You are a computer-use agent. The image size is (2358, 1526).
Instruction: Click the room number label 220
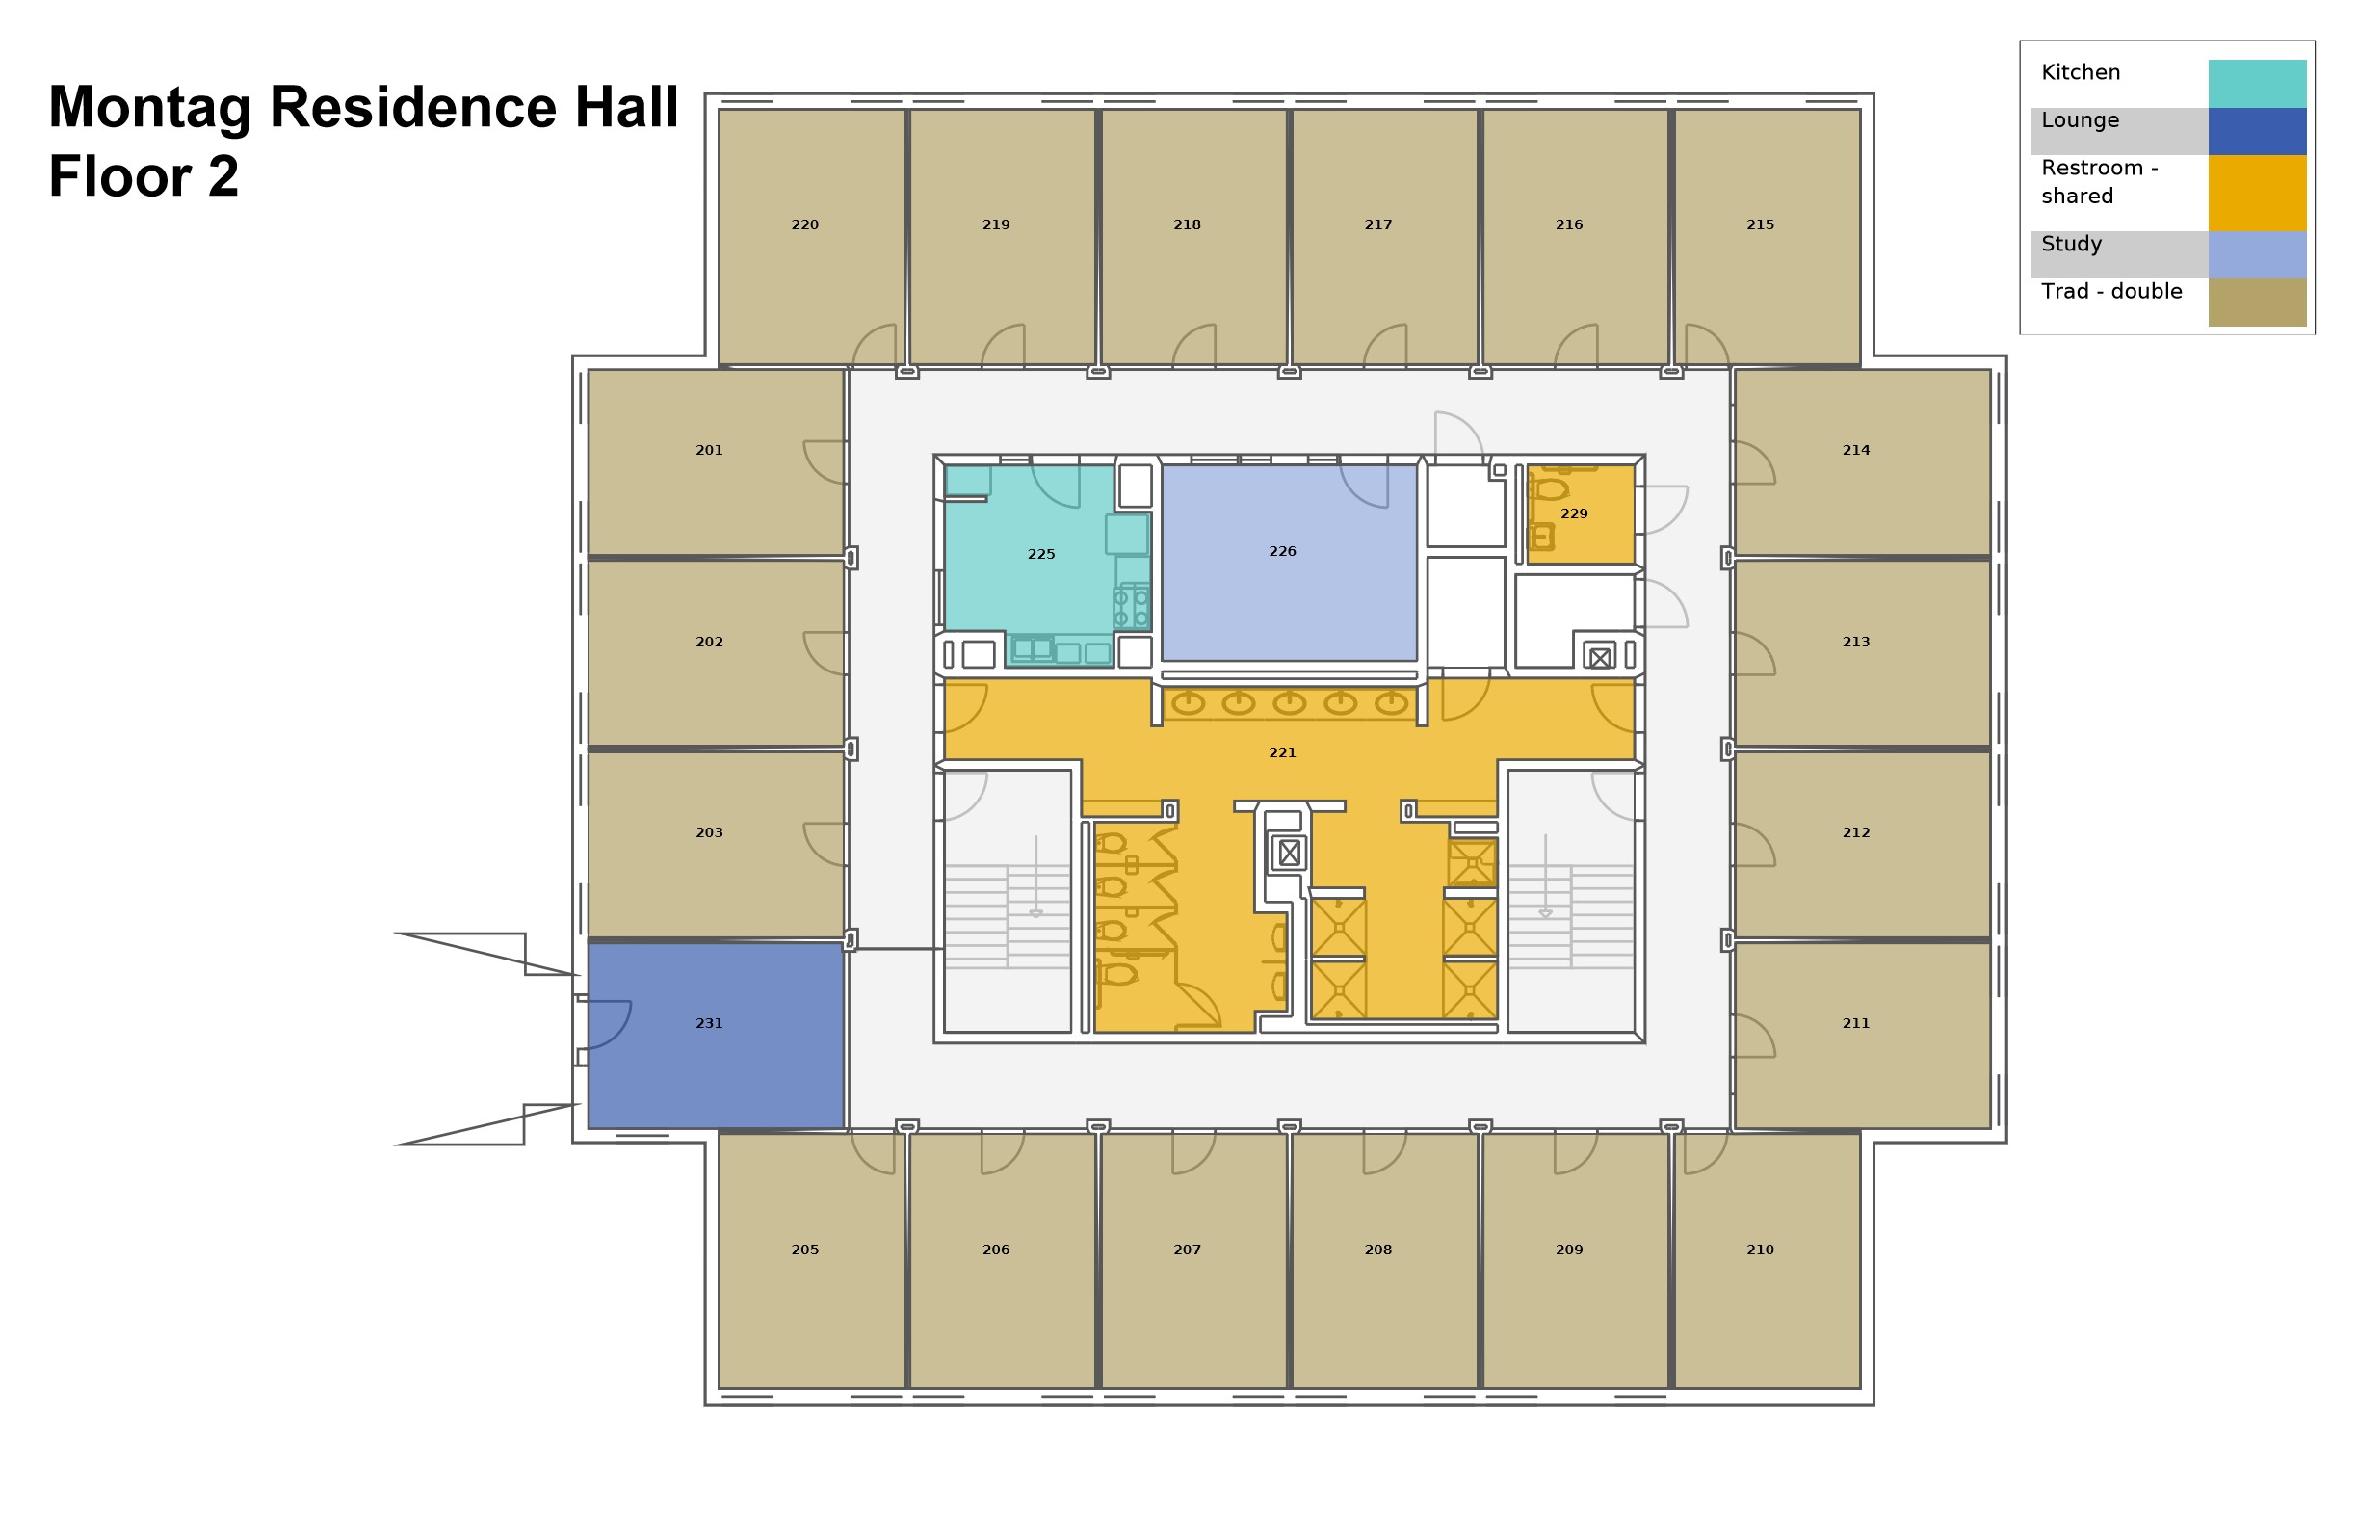pyautogui.click(x=804, y=224)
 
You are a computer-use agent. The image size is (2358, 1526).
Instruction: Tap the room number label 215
pyautogui.click(x=1760, y=224)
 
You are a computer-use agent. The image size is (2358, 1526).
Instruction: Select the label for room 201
pyautogui.click(x=708, y=450)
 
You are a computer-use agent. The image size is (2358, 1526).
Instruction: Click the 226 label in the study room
pyautogui.click(x=1282, y=551)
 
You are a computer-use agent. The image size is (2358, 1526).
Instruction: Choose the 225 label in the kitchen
pyautogui.click(x=1040, y=554)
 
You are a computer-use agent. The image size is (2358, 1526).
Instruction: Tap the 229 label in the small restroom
pyautogui.click(x=1573, y=513)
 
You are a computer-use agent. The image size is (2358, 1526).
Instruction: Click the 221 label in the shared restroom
pyautogui.click(x=1282, y=752)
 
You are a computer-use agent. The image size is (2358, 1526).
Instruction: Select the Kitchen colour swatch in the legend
pyautogui.click(x=2256, y=83)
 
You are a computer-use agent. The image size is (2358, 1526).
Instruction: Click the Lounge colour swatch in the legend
pyautogui.click(x=2256, y=131)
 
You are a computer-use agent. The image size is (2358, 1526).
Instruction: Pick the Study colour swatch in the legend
pyautogui.click(x=2256, y=254)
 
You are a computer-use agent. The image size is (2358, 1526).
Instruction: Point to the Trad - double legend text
pyautogui.click(x=2110, y=291)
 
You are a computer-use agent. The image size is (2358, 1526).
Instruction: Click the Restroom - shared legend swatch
pyautogui.click(x=2256, y=193)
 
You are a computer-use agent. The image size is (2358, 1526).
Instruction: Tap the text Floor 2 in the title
pyautogui.click(x=144, y=176)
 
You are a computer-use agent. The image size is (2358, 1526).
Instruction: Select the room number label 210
pyautogui.click(x=1760, y=1250)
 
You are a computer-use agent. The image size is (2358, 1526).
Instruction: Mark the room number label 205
pyautogui.click(x=804, y=1250)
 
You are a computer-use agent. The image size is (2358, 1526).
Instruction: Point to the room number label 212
pyautogui.click(x=1856, y=832)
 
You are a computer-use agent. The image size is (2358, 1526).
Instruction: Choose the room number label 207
pyautogui.click(x=1186, y=1250)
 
